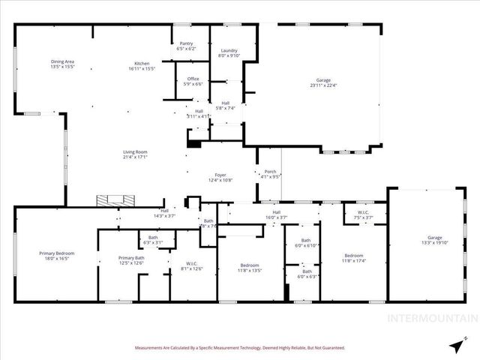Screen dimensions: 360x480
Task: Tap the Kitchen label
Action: click(142, 63)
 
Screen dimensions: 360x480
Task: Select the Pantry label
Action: click(185, 43)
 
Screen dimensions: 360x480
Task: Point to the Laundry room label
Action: click(228, 50)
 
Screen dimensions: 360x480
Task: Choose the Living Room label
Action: click(135, 152)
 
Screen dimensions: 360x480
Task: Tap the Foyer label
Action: click(220, 175)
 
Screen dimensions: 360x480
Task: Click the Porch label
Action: click(270, 172)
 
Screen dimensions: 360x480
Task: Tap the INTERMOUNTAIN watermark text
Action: click(430, 318)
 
